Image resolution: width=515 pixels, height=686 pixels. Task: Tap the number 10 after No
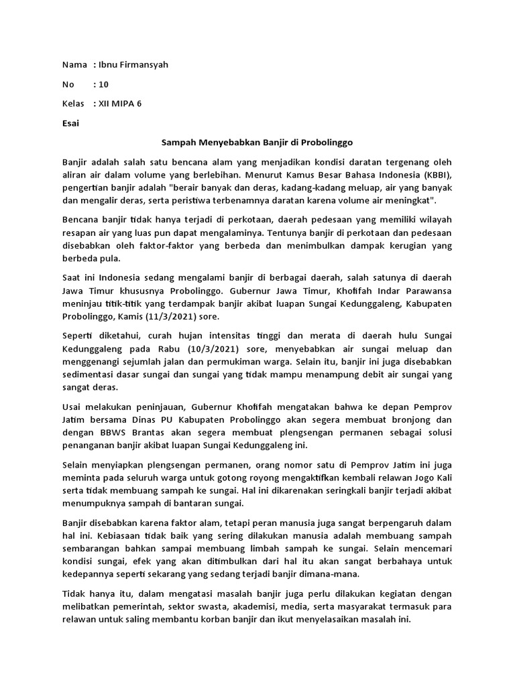[x=103, y=84]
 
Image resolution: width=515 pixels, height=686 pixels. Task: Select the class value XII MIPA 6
[x=121, y=104]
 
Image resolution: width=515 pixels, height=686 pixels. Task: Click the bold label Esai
[x=70, y=123]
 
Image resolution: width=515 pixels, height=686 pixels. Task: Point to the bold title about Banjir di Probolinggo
[x=257, y=143]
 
